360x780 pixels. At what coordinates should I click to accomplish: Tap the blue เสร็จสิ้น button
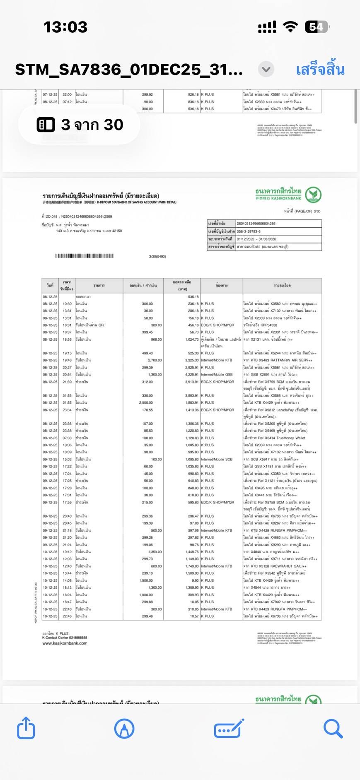click(320, 70)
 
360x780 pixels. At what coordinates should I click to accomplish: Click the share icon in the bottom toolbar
click(26, 728)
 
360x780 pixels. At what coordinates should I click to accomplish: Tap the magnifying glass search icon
click(333, 728)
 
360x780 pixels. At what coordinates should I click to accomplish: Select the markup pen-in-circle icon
click(124, 728)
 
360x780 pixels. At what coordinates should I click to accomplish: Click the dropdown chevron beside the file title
click(266, 69)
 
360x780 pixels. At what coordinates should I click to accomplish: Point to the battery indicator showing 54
click(317, 27)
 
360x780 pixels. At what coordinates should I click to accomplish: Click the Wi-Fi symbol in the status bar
click(290, 27)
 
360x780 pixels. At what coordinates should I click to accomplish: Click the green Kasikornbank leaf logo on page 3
click(313, 195)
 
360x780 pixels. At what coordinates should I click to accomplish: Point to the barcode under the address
click(85, 256)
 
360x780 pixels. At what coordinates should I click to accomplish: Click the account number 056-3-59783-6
click(249, 231)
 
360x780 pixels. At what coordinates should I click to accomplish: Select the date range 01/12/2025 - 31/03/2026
click(256, 239)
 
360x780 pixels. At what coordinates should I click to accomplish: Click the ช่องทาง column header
click(222, 285)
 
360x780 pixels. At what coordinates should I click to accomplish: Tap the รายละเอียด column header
click(282, 285)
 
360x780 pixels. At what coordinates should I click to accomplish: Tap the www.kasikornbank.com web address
click(65, 643)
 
